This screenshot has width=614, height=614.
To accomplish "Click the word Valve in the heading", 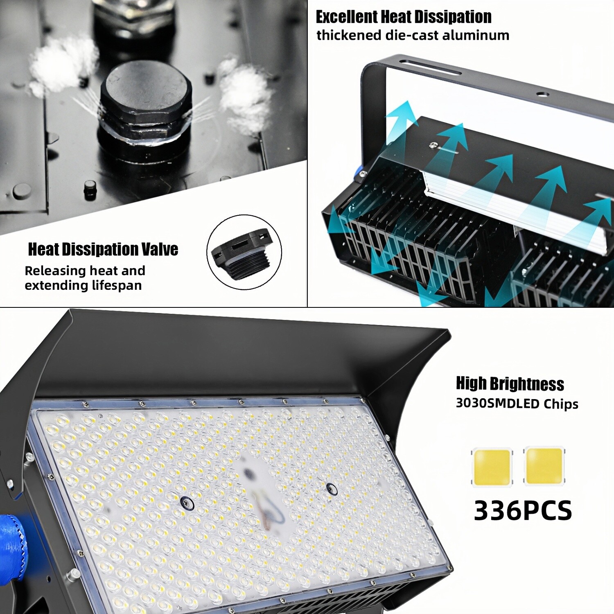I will click(159, 249).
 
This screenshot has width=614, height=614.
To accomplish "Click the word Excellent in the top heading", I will click(347, 17).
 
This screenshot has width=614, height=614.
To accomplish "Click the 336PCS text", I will click(522, 510).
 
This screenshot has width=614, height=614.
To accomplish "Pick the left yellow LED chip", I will click(492, 467).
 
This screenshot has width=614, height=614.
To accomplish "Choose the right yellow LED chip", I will click(544, 466).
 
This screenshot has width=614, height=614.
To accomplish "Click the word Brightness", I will click(527, 384).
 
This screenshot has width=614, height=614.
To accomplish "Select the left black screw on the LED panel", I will click(186, 502).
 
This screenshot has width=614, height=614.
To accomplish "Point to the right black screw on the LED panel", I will click(331, 488).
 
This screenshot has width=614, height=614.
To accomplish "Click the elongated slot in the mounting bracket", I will click(430, 67).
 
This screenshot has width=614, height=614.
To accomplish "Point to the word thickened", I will click(349, 35).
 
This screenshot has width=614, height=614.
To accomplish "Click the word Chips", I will click(561, 404).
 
